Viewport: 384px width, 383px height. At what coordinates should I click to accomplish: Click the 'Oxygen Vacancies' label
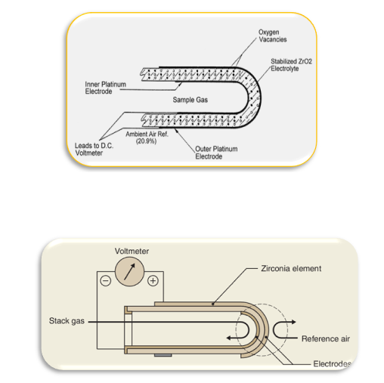273,36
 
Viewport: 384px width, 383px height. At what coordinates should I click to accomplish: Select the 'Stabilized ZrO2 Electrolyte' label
291,65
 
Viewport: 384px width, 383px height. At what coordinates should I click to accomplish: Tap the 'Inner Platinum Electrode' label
105,88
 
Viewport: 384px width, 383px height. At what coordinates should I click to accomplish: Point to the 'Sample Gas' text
190,100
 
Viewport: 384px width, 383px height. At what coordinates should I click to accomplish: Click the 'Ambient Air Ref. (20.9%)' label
147,137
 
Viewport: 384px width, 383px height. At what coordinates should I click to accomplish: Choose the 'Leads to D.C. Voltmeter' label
94,149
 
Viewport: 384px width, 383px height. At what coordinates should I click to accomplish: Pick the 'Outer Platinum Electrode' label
216,153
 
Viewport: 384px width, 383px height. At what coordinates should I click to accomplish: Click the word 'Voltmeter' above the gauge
132,251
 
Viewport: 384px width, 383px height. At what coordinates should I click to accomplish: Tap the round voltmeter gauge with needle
129,271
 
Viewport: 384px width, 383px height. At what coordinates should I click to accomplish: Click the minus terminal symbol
106,281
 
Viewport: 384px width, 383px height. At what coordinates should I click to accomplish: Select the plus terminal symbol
153,280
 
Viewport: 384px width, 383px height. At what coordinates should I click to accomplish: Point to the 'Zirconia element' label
291,268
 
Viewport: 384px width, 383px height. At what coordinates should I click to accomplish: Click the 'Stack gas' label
67,321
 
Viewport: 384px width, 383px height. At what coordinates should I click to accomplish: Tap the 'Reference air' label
326,338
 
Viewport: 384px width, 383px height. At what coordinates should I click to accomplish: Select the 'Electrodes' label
332,363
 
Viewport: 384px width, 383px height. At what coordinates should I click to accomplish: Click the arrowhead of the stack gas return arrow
228,338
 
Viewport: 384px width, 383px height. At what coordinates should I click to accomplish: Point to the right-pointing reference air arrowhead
293,322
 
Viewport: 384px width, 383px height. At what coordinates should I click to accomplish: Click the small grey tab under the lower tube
163,355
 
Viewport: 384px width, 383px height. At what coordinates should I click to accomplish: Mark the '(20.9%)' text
146,141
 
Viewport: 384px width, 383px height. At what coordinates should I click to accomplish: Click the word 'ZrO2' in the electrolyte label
305,61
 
